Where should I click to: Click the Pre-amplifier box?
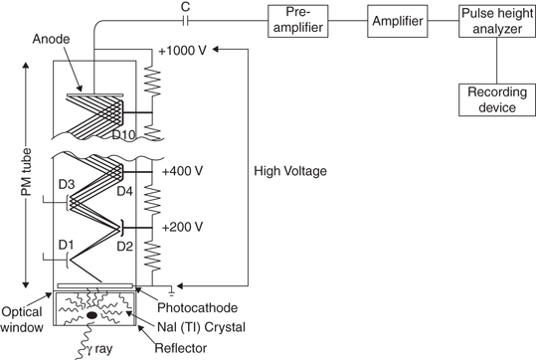(x=297, y=21)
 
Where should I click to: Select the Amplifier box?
(x=397, y=21)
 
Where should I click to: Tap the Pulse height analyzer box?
(x=497, y=21)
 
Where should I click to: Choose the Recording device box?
(x=497, y=99)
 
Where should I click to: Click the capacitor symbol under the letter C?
(x=185, y=21)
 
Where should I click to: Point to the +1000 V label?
(x=183, y=51)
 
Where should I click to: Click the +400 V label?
(x=183, y=171)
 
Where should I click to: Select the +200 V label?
(x=183, y=227)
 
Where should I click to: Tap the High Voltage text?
(x=290, y=171)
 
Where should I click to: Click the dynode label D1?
(x=66, y=245)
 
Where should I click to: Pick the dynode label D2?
(x=124, y=247)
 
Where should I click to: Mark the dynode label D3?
(x=67, y=185)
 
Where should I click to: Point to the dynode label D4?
(x=124, y=191)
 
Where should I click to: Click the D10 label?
(x=123, y=135)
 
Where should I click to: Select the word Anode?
(x=51, y=39)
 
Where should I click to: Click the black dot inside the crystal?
(x=91, y=315)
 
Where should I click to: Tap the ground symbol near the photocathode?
(x=171, y=290)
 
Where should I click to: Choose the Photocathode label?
(x=197, y=307)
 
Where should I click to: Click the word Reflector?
(x=181, y=348)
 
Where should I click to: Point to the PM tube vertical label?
(x=26, y=172)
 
